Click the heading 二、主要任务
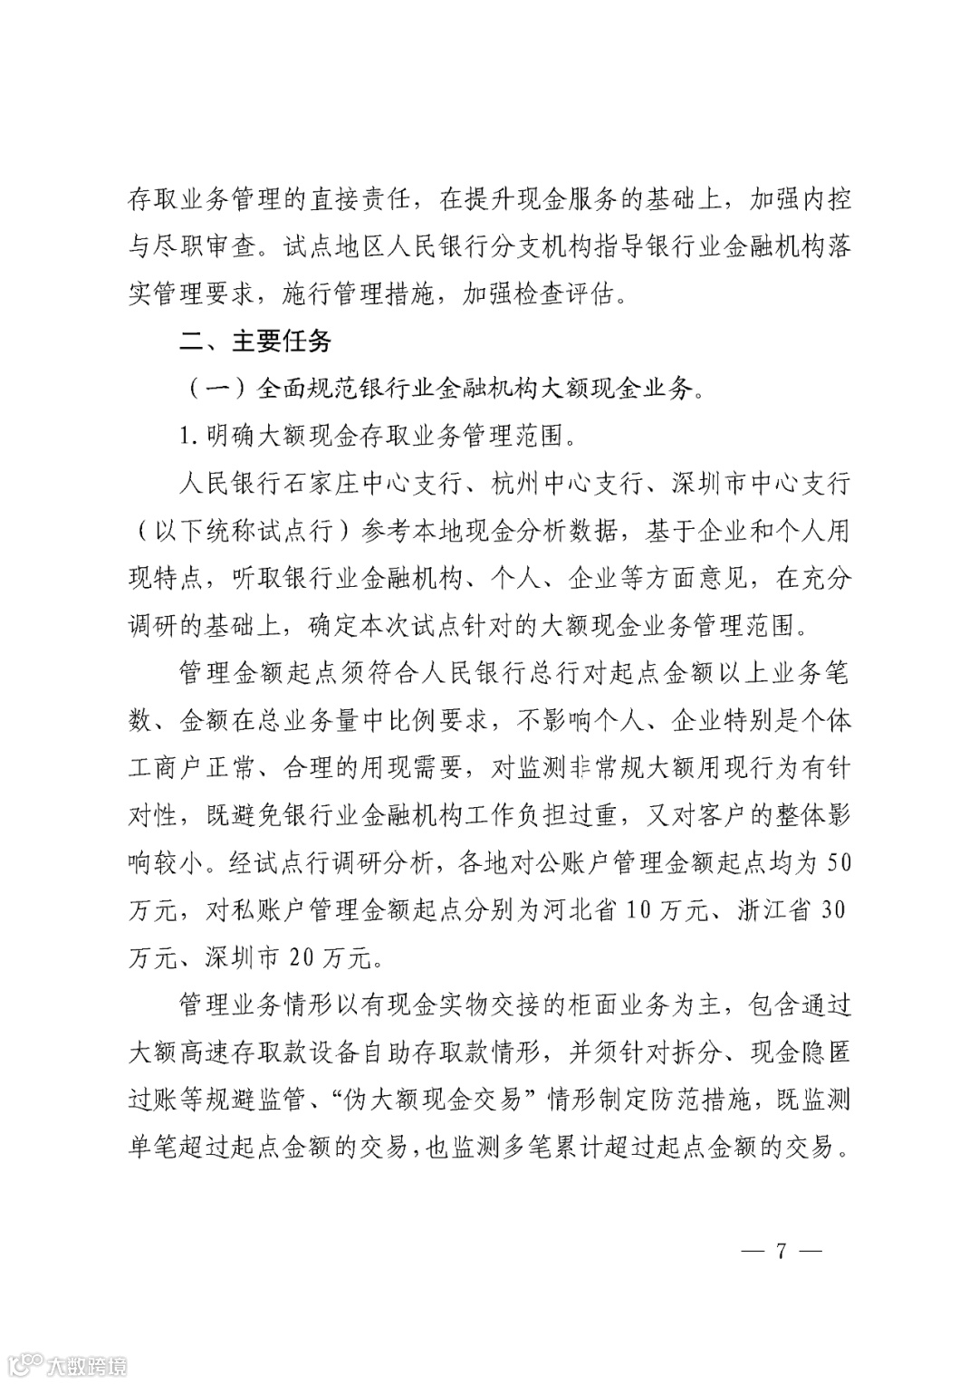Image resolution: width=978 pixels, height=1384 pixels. tap(256, 341)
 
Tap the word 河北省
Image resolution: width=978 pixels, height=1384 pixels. tap(584, 909)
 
